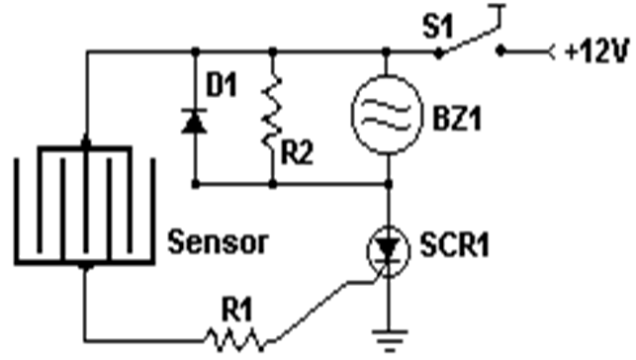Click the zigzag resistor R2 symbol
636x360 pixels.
point(272,117)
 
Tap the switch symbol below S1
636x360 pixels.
point(472,42)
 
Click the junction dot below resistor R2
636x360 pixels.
point(272,183)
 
